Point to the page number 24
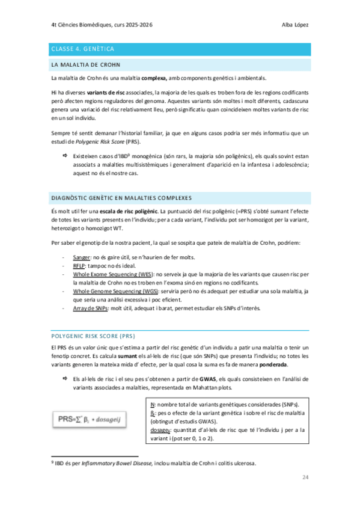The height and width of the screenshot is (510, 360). point(306,478)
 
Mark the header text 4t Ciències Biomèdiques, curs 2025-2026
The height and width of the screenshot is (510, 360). point(102,25)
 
